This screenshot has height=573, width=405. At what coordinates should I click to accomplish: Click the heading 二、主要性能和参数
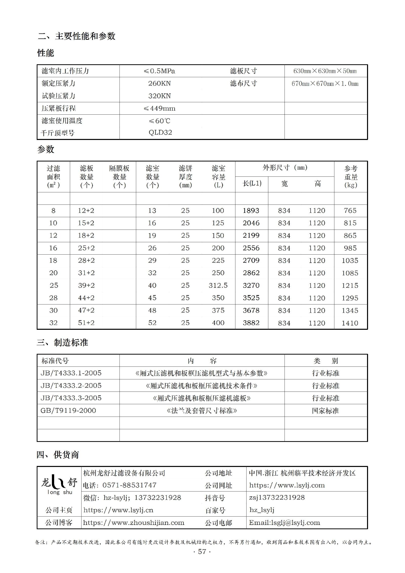pos(76,36)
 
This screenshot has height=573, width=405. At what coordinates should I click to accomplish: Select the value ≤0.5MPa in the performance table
pos(159,71)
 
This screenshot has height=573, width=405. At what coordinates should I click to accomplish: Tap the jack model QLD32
pos(160,132)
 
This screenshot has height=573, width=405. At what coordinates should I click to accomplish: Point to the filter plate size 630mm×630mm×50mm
pos(325,71)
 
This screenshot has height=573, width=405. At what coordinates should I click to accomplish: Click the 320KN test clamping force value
pos(159,96)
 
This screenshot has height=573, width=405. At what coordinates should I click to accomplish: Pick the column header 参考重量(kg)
pos(351,177)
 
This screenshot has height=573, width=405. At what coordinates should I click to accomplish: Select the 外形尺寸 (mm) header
pos(285,168)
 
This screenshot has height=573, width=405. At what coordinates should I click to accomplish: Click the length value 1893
pos(251,211)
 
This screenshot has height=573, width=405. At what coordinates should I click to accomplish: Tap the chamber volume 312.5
pos(218,285)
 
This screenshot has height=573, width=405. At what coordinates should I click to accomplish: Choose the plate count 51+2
pos(86,323)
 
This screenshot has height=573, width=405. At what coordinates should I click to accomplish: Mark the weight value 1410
pos(350,323)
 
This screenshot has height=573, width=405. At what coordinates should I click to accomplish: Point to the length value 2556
pos(251,248)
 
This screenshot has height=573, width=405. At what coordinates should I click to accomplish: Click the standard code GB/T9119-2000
pos(68,411)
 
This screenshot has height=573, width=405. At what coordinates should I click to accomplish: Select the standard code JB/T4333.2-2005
pos(71,385)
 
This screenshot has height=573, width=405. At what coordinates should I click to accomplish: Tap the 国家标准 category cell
pos(325,411)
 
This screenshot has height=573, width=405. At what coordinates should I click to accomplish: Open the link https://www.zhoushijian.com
pos(134,523)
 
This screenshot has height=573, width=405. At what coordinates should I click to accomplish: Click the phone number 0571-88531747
pos(129,485)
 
